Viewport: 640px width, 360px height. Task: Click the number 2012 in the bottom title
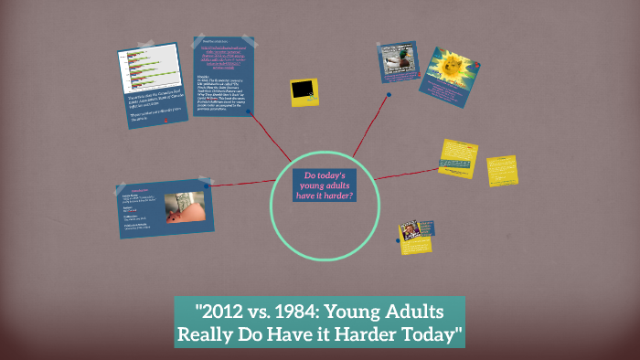click(x=213, y=311)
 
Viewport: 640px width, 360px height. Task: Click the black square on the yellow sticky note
click(x=304, y=90)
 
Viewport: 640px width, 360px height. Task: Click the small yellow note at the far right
click(x=501, y=170)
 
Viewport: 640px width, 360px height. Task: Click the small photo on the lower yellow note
click(x=413, y=231)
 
